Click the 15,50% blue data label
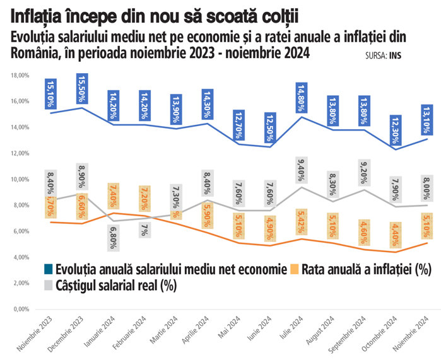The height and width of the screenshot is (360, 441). tap(81, 90)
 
